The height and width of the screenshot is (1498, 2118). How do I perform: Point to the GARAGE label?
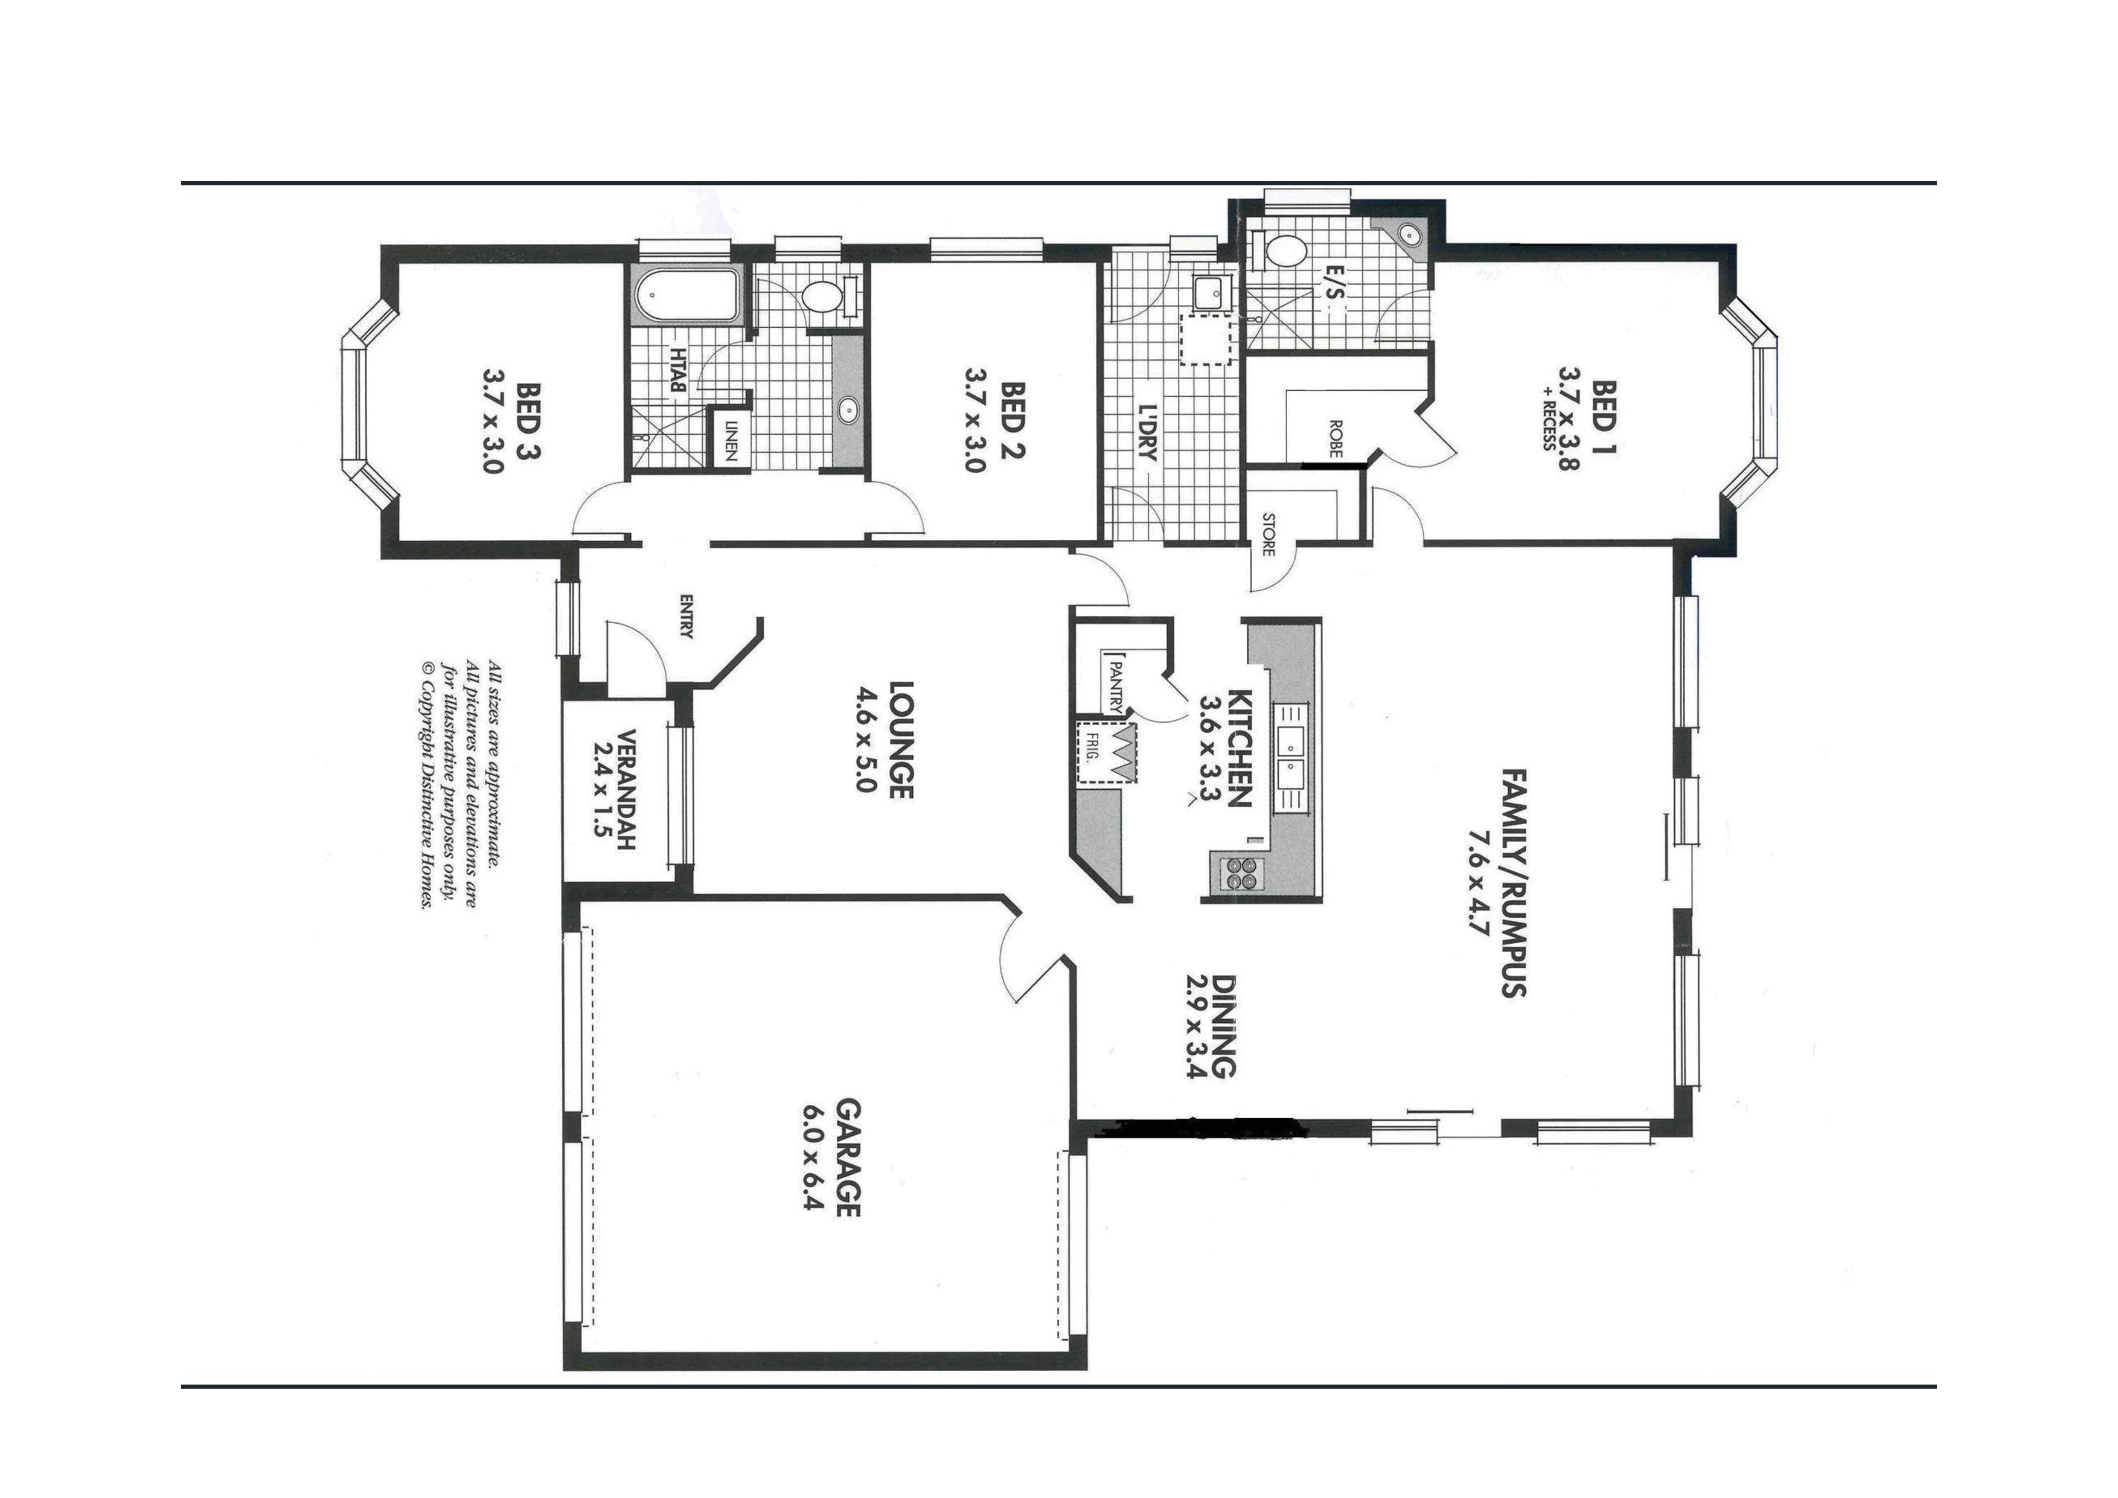click(848, 1157)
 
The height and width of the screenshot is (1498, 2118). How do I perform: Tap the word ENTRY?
click(685, 616)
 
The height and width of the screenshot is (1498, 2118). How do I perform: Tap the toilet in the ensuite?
click(1282, 249)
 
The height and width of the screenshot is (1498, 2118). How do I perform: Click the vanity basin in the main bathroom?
click(848, 411)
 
